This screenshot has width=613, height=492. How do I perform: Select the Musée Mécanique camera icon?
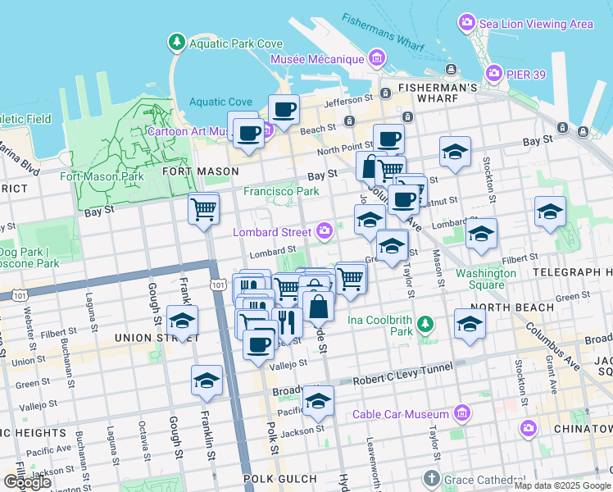point(377,58)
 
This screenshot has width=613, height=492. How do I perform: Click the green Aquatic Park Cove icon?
point(175,42)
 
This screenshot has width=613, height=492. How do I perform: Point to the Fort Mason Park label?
point(102,176)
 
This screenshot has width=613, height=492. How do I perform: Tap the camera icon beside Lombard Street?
point(325,231)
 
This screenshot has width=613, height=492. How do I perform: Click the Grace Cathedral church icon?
point(433,478)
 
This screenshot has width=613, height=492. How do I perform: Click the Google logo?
point(26,482)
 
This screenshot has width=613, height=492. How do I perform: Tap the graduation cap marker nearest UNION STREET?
point(182,320)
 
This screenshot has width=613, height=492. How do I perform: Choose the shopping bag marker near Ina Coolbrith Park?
point(318,308)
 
